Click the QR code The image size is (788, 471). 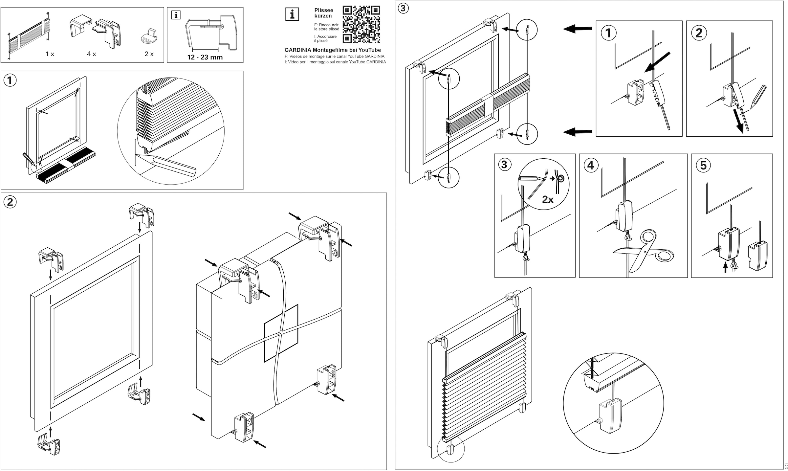[x=361, y=24]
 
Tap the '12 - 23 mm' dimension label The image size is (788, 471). [x=205, y=57]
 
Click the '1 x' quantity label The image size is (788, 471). [x=50, y=54]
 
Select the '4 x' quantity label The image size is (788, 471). [x=92, y=54]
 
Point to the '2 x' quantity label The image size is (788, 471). [x=149, y=54]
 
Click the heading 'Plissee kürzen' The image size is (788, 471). [x=323, y=13]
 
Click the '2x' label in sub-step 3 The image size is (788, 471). [x=548, y=199]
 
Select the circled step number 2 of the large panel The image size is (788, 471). [x=10, y=202]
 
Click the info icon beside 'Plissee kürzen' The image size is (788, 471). [x=292, y=14]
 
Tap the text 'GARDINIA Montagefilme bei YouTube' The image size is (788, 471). [x=333, y=50]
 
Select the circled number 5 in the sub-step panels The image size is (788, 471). [x=703, y=165]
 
